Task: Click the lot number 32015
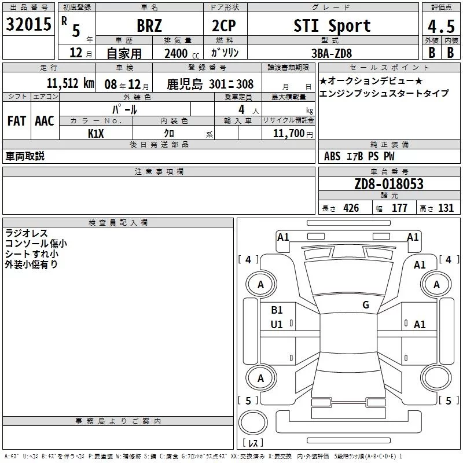[28, 24]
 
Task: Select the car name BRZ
[149, 25]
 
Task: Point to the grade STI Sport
[332, 25]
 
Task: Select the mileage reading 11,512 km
[71, 83]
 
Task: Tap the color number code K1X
[96, 133]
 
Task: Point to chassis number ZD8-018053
[389, 184]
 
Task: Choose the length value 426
[351, 208]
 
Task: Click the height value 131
[446, 208]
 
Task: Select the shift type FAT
[17, 120]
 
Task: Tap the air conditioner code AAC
[45, 120]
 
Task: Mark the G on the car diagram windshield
[365, 305]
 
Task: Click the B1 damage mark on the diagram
[277, 310]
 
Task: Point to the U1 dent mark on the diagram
[277, 325]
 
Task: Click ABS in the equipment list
[332, 156]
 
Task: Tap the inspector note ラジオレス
[26, 233]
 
